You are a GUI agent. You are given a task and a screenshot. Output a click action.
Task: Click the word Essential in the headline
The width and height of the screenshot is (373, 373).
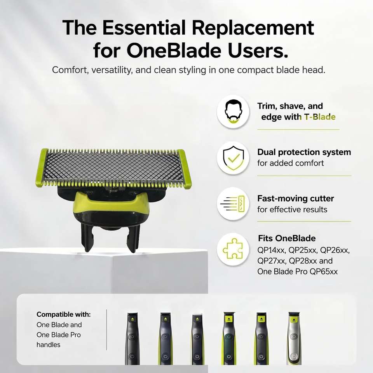144,28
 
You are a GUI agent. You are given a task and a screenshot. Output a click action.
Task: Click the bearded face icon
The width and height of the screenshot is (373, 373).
234,112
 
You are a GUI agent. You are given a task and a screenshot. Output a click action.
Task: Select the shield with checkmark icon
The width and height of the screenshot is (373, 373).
234,158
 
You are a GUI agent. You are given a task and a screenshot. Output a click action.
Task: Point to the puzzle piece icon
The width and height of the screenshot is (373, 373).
233,249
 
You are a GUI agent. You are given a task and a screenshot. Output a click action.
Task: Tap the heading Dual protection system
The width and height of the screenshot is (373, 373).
304,152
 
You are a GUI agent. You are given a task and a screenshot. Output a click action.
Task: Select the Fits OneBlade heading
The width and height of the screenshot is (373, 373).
287,238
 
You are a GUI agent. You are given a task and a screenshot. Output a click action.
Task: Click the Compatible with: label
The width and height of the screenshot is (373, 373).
63,314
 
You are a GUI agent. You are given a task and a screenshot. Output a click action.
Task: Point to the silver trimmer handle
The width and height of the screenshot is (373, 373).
294,338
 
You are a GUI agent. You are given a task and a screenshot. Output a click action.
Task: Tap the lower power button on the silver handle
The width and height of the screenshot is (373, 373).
294,357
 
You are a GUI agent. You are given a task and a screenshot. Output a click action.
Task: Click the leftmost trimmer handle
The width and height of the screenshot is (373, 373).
132,339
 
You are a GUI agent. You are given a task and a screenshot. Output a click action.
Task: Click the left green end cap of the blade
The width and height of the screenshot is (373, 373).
42,167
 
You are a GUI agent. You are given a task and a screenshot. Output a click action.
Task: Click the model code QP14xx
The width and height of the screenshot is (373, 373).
272,250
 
